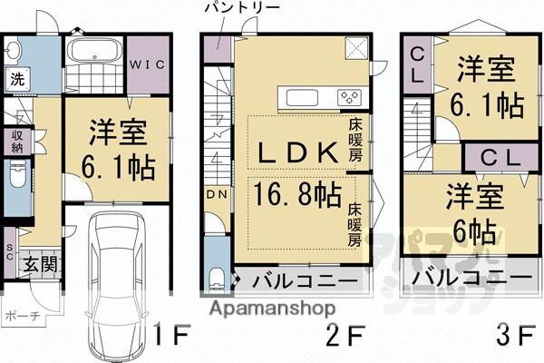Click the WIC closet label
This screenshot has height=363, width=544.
[x=147, y=64]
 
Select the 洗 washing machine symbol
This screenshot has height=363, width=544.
[x=18, y=78]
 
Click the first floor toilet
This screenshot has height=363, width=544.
[x=17, y=180]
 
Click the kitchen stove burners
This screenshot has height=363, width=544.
[x=349, y=96]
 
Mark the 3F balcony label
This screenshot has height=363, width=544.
[x=472, y=277]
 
